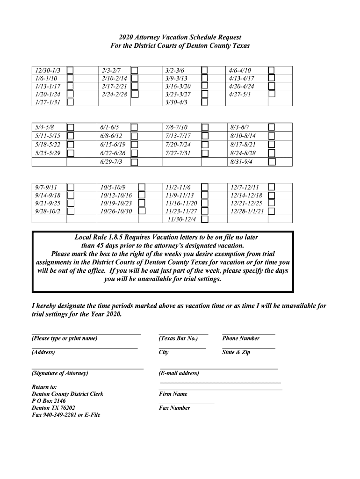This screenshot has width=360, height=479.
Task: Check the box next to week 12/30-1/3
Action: (x=70, y=71)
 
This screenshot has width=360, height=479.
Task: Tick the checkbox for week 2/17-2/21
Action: (x=135, y=87)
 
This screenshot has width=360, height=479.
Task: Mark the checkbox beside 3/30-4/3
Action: (x=204, y=102)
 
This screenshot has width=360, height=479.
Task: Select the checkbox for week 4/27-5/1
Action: (x=272, y=94)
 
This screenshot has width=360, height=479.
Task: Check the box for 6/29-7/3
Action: (x=135, y=162)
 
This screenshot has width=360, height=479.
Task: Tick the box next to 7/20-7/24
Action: (x=204, y=145)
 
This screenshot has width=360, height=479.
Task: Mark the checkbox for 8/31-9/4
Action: (x=272, y=162)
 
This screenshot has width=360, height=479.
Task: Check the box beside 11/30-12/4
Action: (x=204, y=219)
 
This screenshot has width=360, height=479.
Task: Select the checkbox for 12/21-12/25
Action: (x=272, y=203)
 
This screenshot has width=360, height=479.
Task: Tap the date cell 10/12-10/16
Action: (x=116, y=195)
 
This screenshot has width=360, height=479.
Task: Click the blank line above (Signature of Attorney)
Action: (x=87, y=369)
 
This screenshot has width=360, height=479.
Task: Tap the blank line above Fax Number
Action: (x=187, y=403)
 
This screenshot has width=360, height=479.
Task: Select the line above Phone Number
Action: (x=248, y=334)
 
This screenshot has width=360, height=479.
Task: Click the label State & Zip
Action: (x=236, y=352)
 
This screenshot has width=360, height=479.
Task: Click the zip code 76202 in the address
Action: (x=65, y=408)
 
